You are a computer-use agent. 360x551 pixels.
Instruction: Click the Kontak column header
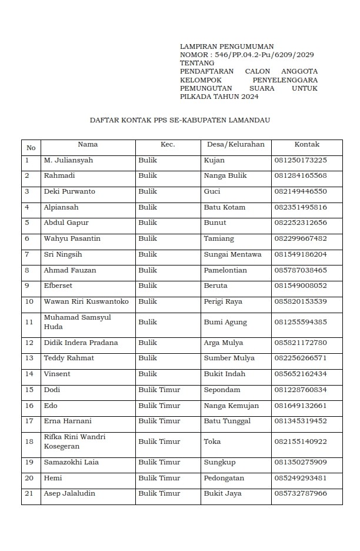coord(306,144)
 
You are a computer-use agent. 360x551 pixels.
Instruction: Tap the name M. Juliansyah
coord(68,160)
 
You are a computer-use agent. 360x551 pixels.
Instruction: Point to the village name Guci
coord(212,191)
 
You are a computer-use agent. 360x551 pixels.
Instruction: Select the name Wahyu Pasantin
coord(72,238)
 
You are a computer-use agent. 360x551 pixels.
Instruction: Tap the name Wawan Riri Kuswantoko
coord(86,301)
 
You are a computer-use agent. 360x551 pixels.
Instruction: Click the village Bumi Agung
coord(225,322)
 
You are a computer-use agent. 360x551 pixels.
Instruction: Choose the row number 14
coord(29,374)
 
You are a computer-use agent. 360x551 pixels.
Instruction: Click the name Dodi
coord(52,390)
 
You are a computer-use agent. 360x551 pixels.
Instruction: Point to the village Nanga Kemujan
coord(231,406)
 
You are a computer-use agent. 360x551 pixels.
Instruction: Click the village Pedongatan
coord(224,478)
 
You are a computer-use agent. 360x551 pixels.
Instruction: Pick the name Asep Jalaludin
coord(69,493)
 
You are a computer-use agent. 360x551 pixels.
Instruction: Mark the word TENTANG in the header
coord(195,63)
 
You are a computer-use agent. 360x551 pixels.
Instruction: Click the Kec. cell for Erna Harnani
coord(159,421)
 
